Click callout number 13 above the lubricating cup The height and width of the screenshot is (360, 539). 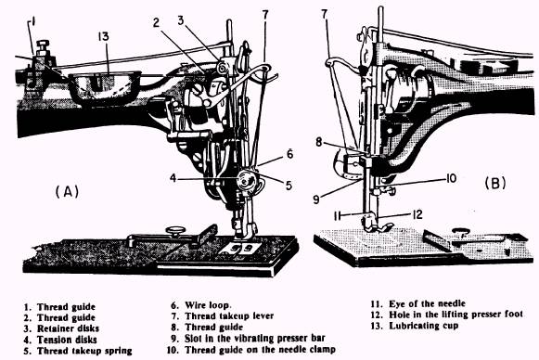[x=104, y=36]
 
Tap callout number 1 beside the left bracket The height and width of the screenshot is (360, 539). [x=33, y=23]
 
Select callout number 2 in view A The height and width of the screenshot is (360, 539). [x=157, y=23]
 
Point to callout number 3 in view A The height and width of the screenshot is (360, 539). [x=181, y=20]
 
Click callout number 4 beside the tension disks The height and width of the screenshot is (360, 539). [x=173, y=178]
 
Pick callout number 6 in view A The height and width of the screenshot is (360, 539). [x=289, y=154]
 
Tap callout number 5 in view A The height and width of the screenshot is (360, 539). [x=289, y=186]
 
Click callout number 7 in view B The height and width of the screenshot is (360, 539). [x=325, y=14]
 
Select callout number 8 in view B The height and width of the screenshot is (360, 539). [x=319, y=142]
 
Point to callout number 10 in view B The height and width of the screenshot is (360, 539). [x=451, y=178]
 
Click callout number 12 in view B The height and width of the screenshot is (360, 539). [x=417, y=214]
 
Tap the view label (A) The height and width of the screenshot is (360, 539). [x=67, y=191]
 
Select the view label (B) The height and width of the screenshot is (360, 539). [x=495, y=184]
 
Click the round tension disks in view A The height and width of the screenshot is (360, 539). [x=247, y=180]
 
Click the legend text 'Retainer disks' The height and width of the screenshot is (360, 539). [x=68, y=328]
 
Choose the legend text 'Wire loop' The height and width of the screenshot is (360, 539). [x=208, y=305]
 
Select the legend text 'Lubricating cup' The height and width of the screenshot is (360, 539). [x=423, y=326]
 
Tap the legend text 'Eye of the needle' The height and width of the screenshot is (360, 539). [x=427, y=303]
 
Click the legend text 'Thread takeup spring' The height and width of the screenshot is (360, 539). [x=84, y=351]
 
